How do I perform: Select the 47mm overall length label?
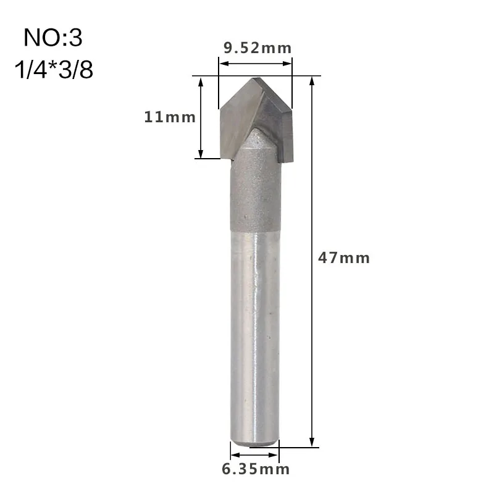point(344,257)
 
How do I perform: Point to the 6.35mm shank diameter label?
point(256,469)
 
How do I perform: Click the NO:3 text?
point(53,38)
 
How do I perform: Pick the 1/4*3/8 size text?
point(53,70)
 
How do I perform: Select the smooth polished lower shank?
point(254,333)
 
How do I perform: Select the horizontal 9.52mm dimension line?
point(256,61)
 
